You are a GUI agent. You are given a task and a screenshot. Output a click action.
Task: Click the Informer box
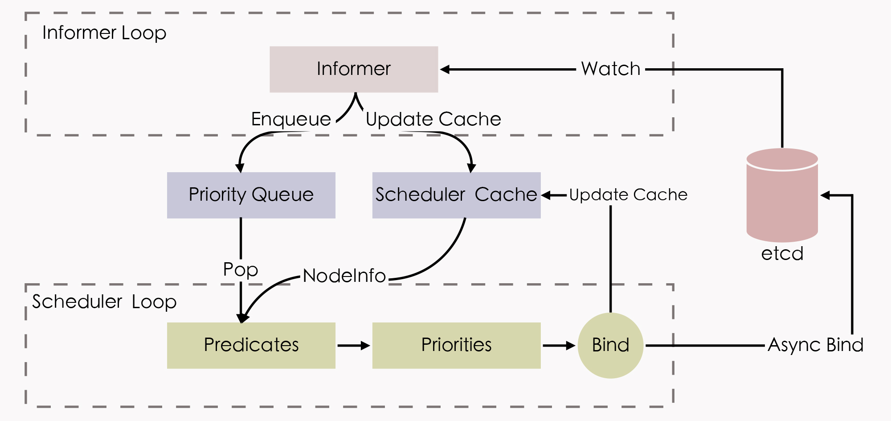(x=354, y=69)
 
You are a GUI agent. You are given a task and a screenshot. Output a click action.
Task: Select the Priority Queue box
(x=251, y=195)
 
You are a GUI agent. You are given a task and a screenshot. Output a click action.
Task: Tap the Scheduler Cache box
(x=456, y=195)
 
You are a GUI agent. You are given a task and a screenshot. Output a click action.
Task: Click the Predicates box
(x=251, y=345)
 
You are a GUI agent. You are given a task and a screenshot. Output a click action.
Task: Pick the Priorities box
(x=456, y=345)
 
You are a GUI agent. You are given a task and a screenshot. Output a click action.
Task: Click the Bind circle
(x=610, y=345)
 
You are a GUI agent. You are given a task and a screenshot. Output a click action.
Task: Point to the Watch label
(x=610, y=69)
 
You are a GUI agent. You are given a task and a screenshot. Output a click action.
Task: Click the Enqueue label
(x=291, y=119)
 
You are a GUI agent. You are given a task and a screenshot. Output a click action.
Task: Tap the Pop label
(x=241, y=269)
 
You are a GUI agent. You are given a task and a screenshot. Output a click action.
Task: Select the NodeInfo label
(x=344, y=276)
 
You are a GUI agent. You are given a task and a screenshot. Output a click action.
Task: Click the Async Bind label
(x=815, y=345)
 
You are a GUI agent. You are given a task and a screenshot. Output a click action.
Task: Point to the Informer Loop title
(x=104, y=33)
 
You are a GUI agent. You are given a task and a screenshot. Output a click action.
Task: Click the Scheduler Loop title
(x=104, y=302)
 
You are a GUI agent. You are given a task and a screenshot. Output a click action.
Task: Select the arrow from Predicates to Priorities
(x=354, y=345)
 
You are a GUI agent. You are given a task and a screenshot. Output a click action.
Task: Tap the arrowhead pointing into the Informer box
(x=445, y=69)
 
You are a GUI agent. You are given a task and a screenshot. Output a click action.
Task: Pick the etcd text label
(x=782, y=254)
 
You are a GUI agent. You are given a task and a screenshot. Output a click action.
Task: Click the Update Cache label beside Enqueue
(x=433, y=119)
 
